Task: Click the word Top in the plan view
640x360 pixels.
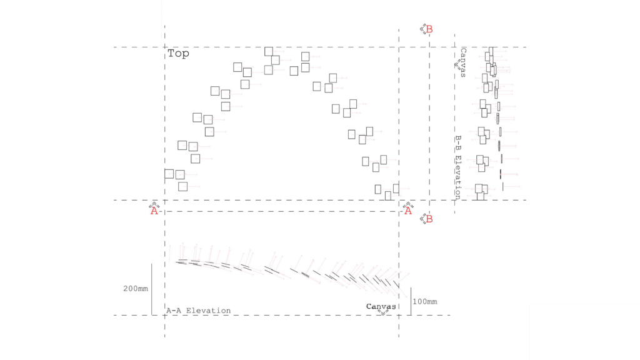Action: [178, 54]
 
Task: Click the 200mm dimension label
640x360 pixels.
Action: [136, 289]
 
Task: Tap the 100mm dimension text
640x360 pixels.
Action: [425, 302]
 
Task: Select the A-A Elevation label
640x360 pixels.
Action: [198, 311]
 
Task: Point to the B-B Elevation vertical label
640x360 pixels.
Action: [458, 167]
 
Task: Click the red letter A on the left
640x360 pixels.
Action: [154, 211]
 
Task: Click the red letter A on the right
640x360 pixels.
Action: [408, 211]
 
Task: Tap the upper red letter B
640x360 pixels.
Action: [429, 29]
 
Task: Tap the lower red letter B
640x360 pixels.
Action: [429, 219]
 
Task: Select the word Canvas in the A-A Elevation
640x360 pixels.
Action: [381, 306]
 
